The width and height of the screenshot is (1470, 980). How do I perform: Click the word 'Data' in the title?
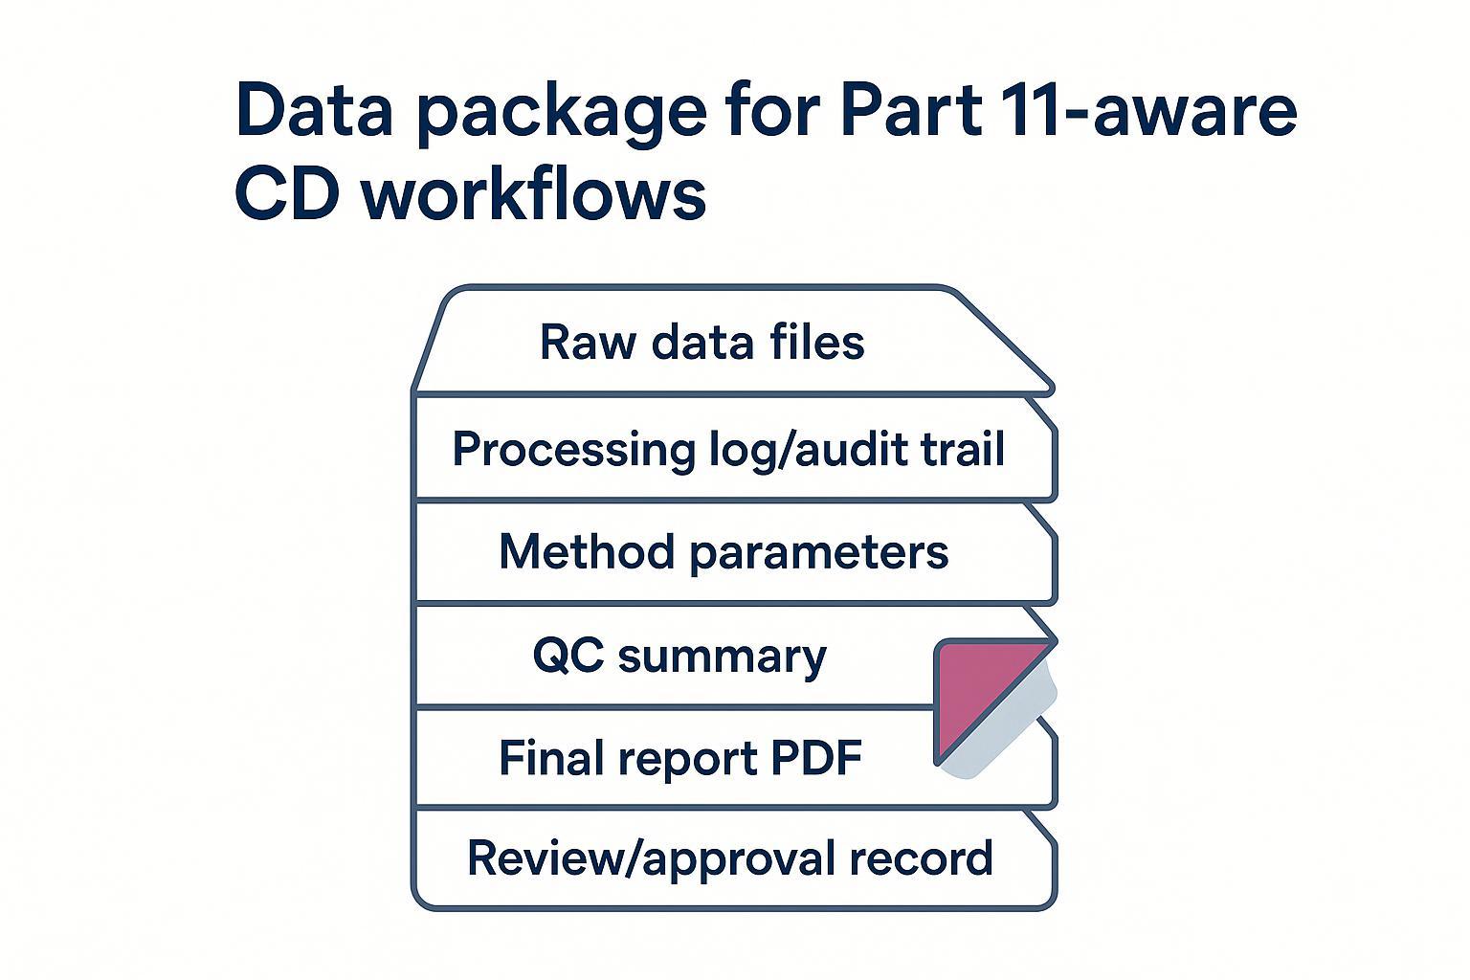tap(314, 110)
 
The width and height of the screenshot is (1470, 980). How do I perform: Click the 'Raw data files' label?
tap(702, 343)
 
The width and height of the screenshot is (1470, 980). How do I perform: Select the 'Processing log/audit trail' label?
tap(728, 449)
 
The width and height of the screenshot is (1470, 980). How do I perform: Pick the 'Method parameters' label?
tap(724, 552)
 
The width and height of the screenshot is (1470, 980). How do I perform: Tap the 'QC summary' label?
tap(679, 657)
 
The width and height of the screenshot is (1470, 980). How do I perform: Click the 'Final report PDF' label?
tap(680, 758)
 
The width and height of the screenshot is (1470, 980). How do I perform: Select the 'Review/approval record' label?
tap(729, 857)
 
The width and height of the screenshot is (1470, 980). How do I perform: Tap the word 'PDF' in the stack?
tap(816, 758)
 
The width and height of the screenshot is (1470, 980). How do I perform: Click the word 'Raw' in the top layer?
tap(588, 343)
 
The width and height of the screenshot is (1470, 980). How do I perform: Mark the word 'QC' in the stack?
tap(568, 657)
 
